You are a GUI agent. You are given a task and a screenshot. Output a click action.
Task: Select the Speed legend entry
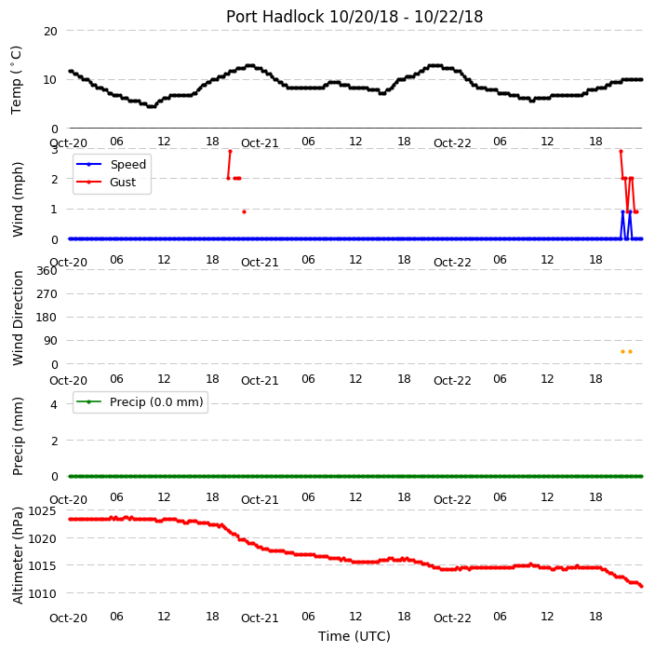pyautogui.click(x=111, y=164)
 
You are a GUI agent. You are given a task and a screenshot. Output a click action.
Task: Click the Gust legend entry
pyautogui.click(x=106, y=183)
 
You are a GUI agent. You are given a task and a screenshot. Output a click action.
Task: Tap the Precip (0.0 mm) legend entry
pyautogui.click(x=140, y=401)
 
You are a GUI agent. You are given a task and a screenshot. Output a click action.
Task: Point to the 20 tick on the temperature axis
pyautogui.click(x=50, y=32)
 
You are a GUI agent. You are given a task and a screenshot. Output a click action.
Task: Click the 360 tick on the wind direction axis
pyautogui.click(x=47, y=271)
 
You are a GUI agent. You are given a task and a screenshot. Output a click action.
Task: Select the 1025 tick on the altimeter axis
pyautogui.click(x=42, y=510)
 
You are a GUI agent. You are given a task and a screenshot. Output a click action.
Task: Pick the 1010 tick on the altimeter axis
pyautogui.click(x=42, y=593)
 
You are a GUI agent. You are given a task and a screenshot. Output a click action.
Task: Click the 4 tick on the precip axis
pyautogui.click(x=54, y=404)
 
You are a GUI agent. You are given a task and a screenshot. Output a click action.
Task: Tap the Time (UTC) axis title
pyautogui.click(x=354, y=636)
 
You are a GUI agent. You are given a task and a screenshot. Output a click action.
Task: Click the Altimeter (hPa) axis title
pyautogui.click(x=18, y=555)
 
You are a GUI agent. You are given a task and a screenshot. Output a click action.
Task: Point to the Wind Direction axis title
pyautogui.click(x=18, y=319)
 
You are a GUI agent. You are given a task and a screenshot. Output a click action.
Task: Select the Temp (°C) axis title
pyautogui.click(x=17, y=80)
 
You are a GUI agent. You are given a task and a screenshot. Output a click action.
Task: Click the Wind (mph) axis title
pyautogui.click(x=18, y=199)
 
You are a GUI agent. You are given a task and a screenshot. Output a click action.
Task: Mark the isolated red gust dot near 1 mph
pyautogui.click(x=245, y=212)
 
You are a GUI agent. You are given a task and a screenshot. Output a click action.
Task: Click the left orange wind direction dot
pyautogui.click(x=622, y=352)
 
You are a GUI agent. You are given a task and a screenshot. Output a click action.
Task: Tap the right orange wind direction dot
pyautogui.click(x=631, y=352)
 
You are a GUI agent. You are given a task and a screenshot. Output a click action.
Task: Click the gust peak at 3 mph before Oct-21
pyautogui.click(x=230, y=152)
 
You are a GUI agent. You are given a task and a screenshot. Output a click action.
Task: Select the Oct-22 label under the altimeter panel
pyautogui.click(x=452, y=618)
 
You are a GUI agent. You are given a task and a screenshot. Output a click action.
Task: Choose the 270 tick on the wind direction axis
pyautogui.click(x=47, y=294)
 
